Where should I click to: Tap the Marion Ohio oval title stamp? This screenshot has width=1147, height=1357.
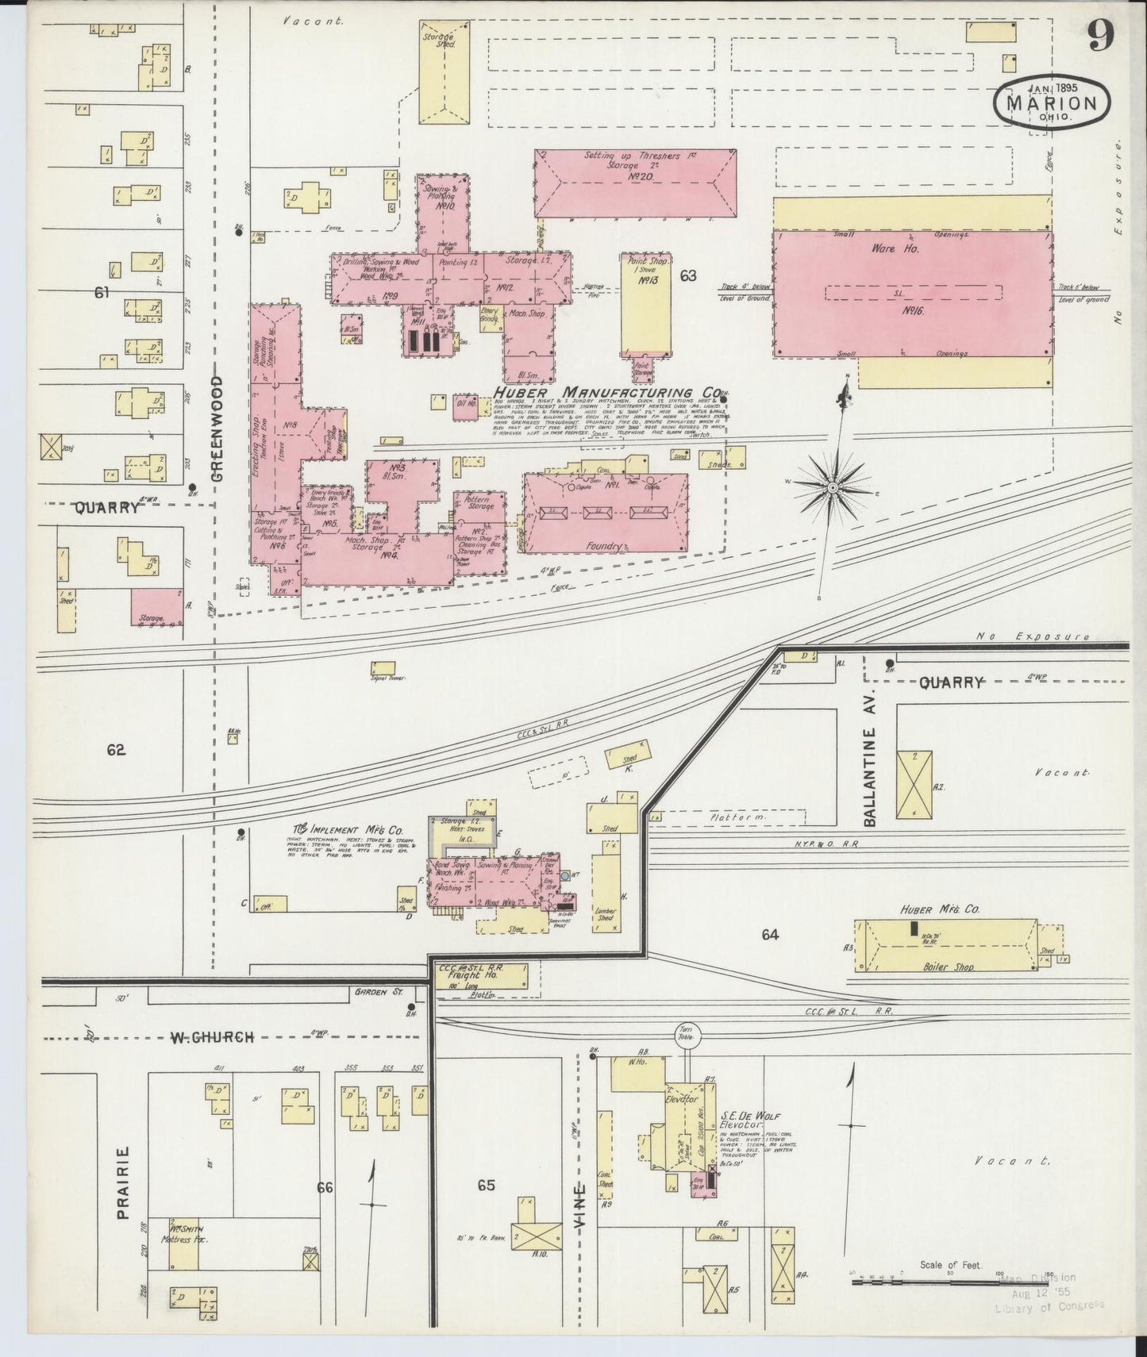pyautogui.click(x=1052, y=102)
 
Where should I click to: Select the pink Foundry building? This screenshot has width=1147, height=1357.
pyautogui.click(x=606, y=513)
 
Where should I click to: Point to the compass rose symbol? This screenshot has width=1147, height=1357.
pyautogui.click(x=833, y=486)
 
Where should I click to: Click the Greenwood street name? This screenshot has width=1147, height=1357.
pyautogui.click(x=219, y=429)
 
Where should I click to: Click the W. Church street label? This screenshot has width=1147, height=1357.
pyautogui.click(x=210, y=1036)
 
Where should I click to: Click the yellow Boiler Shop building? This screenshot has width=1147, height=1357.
pyautogui.click(x=945, y=946)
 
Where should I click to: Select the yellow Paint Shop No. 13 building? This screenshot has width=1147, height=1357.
pyautogui.click(x=645, y=306)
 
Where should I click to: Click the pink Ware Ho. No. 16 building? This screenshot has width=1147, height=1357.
pyautogui.click(x=913, y=294)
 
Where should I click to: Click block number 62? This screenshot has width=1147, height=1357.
pyautogui.click(x=116, y=749)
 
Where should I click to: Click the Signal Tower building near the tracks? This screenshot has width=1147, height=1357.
pyautogui.click(x=383, y=669)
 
